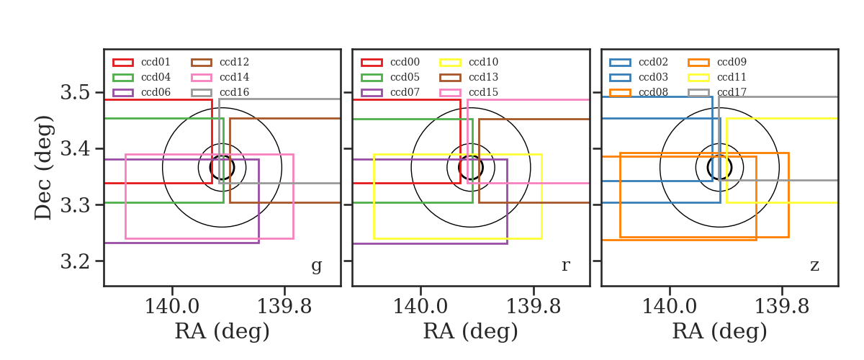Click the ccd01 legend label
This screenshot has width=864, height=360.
coord(156,62)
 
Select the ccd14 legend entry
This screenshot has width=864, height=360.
coord(234,77)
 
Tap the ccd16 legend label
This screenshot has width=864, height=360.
coord(234,92)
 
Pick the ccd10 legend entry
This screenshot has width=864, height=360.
coord(483,62)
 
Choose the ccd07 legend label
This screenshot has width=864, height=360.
coord(405,92)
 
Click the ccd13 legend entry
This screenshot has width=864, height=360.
coord(483,77)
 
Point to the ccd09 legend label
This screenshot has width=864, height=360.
coord(732,62)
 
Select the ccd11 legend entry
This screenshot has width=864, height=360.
coord(732,77)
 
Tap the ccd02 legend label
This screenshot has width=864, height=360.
coord(653,62)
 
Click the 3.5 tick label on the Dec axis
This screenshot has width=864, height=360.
coord(75,93)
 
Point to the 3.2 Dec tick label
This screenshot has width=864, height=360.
coord(75,261)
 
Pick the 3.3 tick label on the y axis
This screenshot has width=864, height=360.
coord(75,205)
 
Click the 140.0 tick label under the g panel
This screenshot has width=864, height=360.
coord(171,307)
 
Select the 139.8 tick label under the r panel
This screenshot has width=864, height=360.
coord(533,307)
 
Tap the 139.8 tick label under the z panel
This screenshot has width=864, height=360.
coord(781,307)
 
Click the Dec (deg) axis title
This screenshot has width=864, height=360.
coord(42,168)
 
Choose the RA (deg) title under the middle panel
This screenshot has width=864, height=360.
coord(471,331)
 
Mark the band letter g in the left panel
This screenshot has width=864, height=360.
coord(316,266)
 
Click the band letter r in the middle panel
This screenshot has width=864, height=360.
coord(565,265)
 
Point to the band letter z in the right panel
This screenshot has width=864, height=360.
coord(814,265)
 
